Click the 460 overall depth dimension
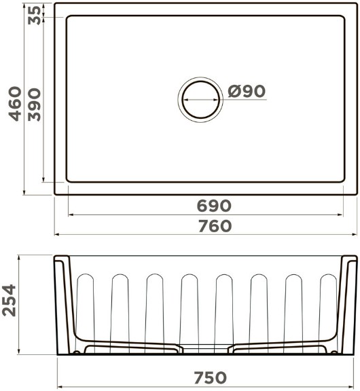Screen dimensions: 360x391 [15, 104]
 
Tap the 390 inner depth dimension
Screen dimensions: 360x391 [34, 105]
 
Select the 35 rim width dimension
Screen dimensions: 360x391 [34, 15]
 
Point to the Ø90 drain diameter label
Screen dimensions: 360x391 [247, 91]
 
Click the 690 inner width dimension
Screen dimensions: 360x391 [214, 206]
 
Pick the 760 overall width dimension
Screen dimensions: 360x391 [215, 226]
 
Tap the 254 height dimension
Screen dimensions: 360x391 [10, 301]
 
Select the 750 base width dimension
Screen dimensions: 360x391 [211, 377]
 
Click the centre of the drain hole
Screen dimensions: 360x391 [200, 100]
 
